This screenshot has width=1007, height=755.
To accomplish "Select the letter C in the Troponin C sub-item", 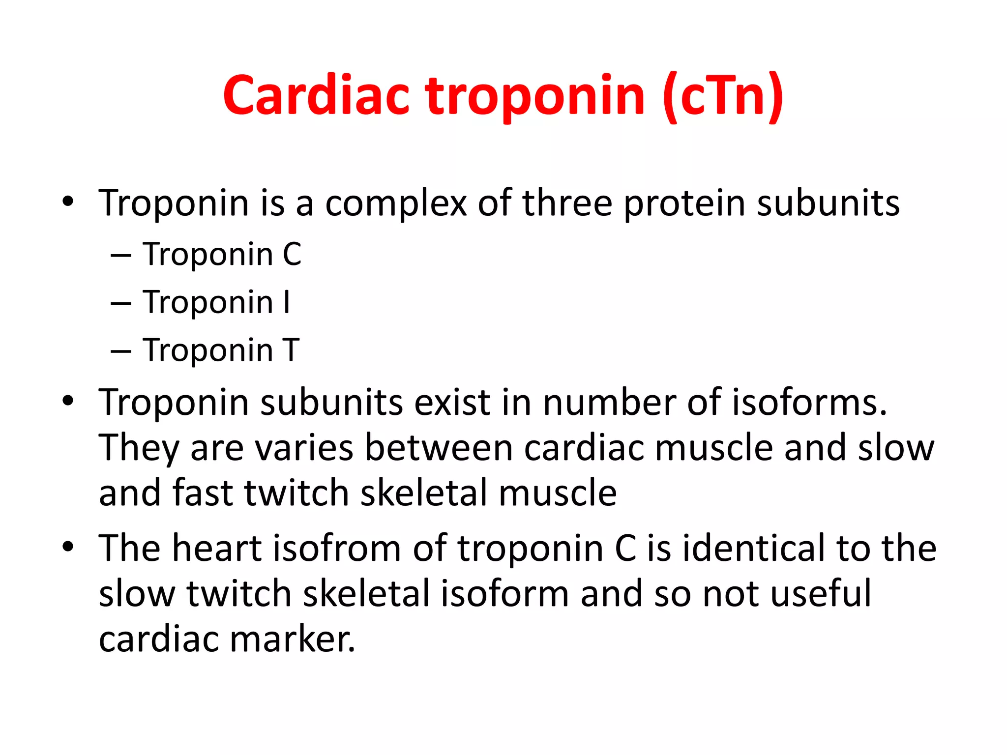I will click(292, 255).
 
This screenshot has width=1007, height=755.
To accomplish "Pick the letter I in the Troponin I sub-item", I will click(287, 302).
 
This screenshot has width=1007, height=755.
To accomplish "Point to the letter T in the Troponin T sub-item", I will click(291, 350).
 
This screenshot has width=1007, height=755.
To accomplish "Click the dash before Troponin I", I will click(121, 304).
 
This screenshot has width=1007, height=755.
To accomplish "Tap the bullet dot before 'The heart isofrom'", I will click(68, 547).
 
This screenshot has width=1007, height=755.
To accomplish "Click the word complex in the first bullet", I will click(395, 203).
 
